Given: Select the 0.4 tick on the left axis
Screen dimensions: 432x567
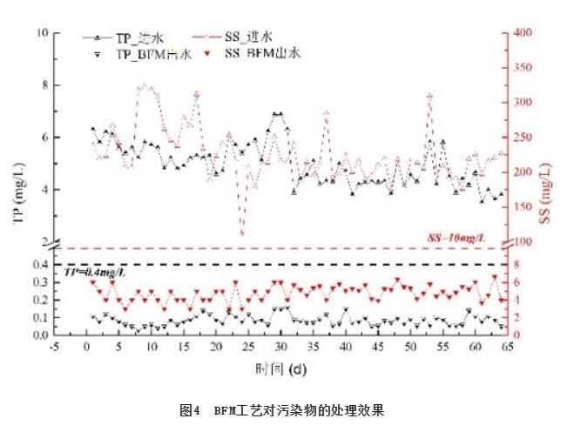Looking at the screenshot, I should (39, 264).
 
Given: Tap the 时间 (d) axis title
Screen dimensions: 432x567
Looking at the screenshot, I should (280, 368).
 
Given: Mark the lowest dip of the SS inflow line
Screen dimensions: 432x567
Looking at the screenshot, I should (242, 233).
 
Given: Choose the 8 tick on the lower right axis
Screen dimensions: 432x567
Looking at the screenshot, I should (517, 264).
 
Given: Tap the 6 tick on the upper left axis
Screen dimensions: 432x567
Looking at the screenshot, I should (45, 138).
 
